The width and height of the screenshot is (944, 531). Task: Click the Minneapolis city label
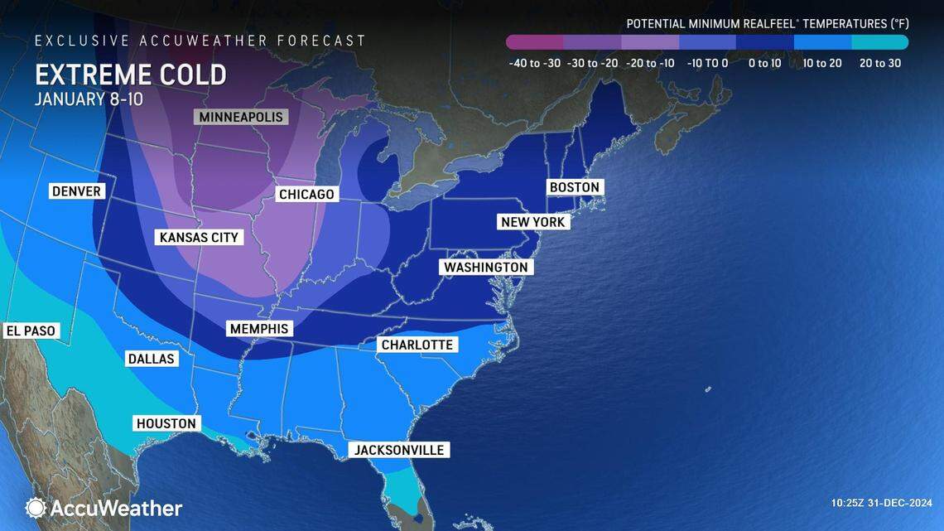click(x=240, y=117)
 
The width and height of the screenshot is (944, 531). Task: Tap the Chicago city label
click(x=306, y=195)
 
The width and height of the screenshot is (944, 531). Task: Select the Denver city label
click(x=76, y=191)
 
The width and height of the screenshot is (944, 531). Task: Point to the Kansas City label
click(x=199, y=238)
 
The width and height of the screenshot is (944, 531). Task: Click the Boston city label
click(x=574, y=187)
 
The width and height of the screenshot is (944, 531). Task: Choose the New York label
click(x=532, y=222)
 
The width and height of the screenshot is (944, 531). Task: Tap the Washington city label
click(x=485, y=268)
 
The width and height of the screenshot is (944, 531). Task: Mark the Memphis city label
click(x=260, y=329)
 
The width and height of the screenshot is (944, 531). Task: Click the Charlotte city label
click(x=417, y=345)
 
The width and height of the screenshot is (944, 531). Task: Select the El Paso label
click(x=31, y=331)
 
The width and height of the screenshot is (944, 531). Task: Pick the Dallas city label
click(x=151, y=359)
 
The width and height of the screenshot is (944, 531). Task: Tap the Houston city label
click(x=166, y=423)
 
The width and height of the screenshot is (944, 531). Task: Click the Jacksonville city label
click(x=399, y=450)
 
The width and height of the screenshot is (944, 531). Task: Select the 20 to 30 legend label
click(x=879, y=63)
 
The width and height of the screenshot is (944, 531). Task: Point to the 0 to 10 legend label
click(x=764, y=63)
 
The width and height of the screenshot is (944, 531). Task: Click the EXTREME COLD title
click(x=130, y=75)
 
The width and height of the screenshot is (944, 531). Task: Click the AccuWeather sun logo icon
click(x=36, y=508)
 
